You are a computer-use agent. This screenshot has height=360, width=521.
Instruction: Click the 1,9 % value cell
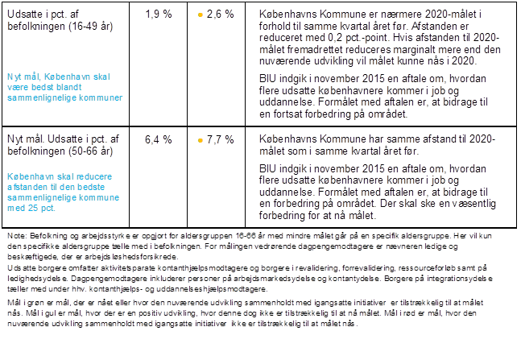tap(159, 14)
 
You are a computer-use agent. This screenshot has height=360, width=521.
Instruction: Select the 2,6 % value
tap(221, 14)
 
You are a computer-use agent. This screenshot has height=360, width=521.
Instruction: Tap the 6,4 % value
tap(159, 139)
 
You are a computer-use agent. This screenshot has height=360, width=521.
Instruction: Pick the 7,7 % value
tap(221, 139)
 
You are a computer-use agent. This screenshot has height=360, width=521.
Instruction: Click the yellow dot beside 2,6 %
tap(201, 15)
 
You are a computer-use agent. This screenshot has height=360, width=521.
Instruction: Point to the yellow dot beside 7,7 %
tap(201, 140)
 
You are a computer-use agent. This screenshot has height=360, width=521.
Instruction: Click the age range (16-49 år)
tap(91, 27)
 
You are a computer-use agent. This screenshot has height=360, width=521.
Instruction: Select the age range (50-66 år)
tap(91, 151)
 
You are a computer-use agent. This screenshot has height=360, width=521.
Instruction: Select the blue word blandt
tap(68, 87)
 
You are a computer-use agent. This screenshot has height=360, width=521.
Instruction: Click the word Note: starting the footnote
tap(17, 236)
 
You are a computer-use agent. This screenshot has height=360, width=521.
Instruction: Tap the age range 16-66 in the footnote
tap(246, 236)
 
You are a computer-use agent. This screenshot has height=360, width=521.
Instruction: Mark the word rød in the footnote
tap(416, 313)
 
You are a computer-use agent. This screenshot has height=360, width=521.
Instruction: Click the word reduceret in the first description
tap(279, 38)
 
